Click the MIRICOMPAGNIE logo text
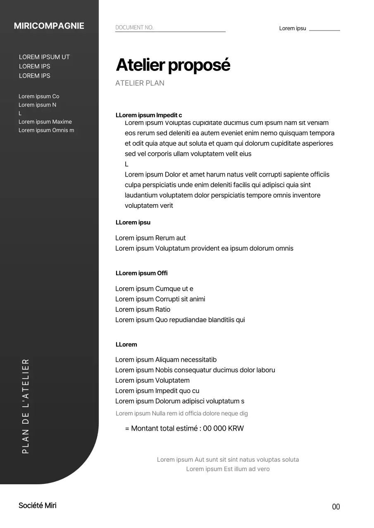[49, 26]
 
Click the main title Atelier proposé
[173, 65]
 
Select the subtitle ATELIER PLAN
[140, 83]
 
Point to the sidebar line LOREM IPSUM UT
[44, 57]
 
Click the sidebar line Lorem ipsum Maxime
[45, 122]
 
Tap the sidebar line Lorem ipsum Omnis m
[46, 130]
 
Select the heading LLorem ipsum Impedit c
[149, 115]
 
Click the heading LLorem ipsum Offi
[141, 273]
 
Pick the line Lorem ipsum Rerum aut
[150, 238]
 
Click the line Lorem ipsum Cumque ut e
[154, 289]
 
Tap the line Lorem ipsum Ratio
[143, 309]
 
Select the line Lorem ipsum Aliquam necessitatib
[166, 360]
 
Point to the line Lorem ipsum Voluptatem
[152, 380]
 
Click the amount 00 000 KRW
[223, 428]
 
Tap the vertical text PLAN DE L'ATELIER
[26, 406]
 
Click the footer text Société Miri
[38, 506]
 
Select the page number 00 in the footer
[336, 507]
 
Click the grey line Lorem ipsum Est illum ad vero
[228, 469]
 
